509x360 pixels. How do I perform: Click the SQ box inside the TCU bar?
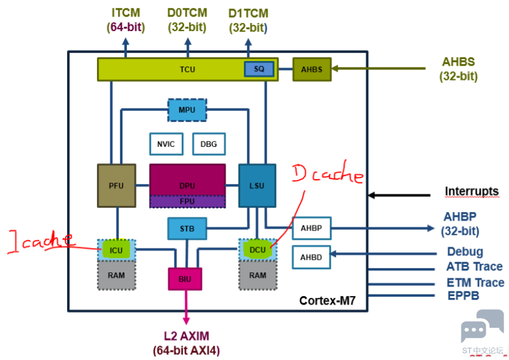[259, 69]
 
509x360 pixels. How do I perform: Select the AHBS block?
[311, 69]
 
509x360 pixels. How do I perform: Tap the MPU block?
[187, 110]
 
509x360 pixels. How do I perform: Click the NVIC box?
[166, 144]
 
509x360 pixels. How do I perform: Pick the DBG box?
[208, 144]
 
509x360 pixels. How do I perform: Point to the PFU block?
[116, 185]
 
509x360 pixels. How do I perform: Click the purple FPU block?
[187, 201]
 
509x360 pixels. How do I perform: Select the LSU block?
[257, 185]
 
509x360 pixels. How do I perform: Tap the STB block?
[187, 229]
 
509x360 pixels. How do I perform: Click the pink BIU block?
[185, 279]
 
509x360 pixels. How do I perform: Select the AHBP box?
[311, 228]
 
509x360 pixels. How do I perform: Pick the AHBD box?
[311, 258]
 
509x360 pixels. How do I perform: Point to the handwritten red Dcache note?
[328, 175]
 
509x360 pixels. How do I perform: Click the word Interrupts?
[471, 191]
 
